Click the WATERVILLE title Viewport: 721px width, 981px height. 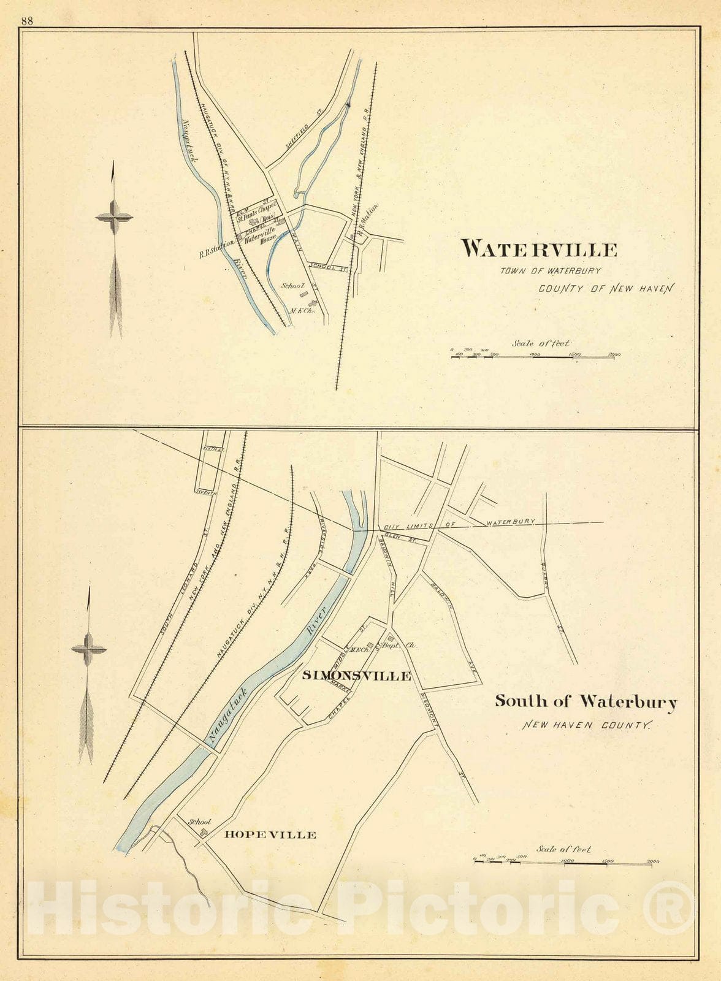coord(539,249)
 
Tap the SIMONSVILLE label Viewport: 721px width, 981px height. coord(356,676)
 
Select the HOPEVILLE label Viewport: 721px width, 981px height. coord(270,834)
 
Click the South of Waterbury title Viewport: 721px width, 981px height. coord(586,701)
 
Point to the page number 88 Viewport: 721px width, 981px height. coord(26,20)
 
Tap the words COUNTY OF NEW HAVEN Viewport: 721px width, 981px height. coord(605,288)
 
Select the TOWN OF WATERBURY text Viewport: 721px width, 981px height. coord(550,270)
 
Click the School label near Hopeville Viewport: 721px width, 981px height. coord(200,822)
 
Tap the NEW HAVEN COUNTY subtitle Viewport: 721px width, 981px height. coord(586,725)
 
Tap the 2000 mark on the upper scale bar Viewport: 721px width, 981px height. coord(614,354)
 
